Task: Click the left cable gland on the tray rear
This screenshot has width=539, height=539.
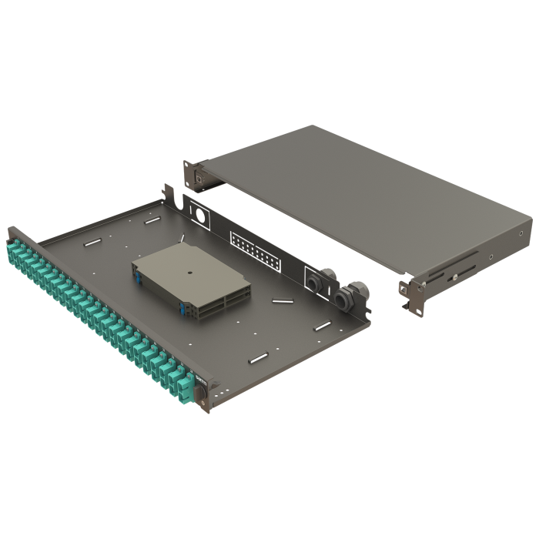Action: coord(316,283)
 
